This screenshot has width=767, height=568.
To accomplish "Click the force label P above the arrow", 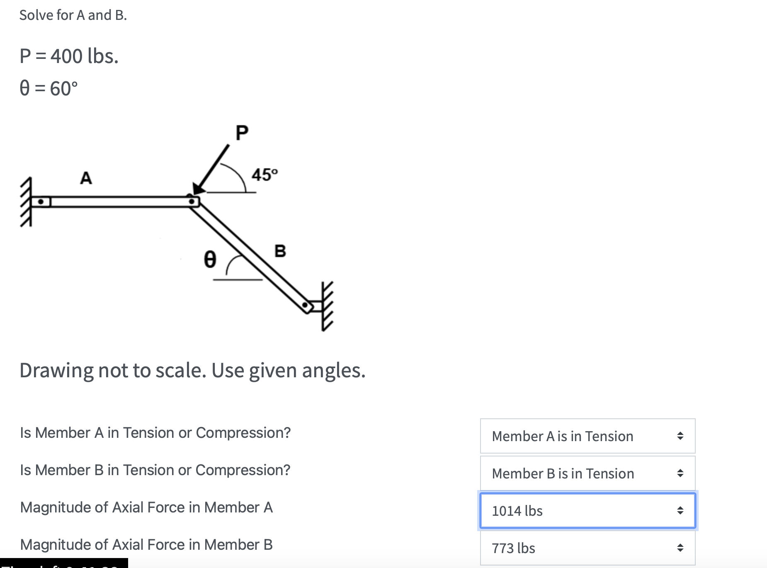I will point(242,133).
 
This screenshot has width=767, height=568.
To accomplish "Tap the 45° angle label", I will point(265,175).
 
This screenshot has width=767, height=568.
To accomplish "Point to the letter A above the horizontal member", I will point(86,178).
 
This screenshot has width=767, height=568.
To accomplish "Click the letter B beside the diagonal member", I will point(280,251).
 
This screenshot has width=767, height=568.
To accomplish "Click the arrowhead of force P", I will point(199,189).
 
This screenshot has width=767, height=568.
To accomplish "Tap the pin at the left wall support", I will point(41,202).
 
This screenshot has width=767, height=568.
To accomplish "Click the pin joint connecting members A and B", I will point(192,201).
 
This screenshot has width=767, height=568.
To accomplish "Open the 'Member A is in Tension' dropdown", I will point(587,436).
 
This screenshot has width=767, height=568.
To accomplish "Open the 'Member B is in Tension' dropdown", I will point(587,473).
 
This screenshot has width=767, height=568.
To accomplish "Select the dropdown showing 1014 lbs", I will point(587,511).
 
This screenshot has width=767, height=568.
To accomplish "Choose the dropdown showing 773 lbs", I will point(587,548).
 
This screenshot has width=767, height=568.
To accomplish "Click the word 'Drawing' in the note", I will point(56,370).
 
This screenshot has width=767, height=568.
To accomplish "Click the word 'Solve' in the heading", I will point(36,15).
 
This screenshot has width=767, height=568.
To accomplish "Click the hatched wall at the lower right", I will point(327,306).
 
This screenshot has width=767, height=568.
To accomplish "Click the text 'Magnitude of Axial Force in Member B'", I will point(146,544).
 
